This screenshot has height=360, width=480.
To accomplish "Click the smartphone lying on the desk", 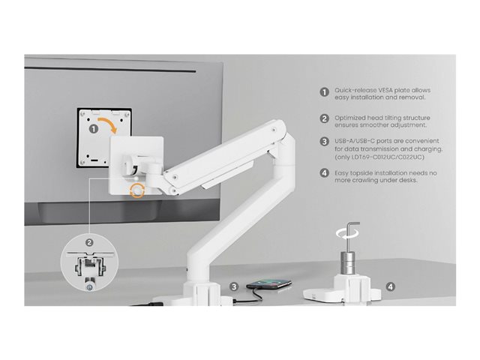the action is point(269,283).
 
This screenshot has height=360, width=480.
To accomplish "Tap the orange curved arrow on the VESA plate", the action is point(108,123).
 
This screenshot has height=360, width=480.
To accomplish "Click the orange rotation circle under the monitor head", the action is point(137,190).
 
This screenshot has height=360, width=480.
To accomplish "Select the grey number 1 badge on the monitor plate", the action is point(94,129).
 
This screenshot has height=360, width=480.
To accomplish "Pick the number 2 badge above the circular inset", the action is point(89,243).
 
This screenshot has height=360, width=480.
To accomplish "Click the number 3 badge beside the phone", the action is point(234,286).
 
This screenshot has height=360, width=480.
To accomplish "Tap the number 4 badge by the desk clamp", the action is point(390,286).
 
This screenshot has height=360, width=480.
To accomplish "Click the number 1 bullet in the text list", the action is point(325,92).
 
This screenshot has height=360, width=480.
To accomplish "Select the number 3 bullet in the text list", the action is point(325,142).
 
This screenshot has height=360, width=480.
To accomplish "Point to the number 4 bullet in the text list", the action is point(325,173).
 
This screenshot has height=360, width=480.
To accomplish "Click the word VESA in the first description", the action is point(385,90).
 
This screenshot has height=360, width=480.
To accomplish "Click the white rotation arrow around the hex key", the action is point(347,234).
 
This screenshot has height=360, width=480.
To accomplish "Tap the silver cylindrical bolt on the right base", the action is point(348,262).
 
